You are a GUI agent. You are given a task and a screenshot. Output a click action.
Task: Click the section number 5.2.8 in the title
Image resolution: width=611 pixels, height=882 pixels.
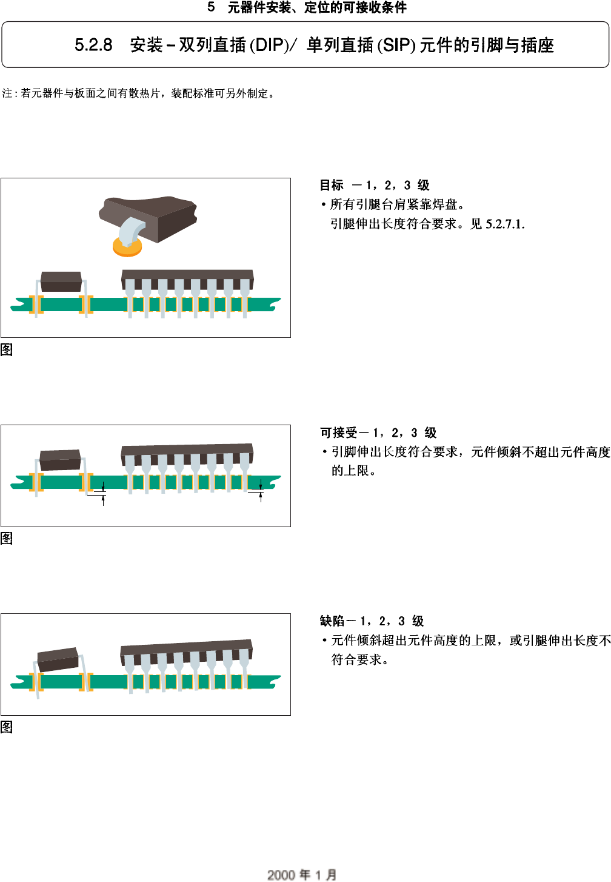click(x=93, y=45)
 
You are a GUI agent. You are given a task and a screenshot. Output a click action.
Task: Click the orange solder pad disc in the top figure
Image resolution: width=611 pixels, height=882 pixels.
click(x=127, y=247)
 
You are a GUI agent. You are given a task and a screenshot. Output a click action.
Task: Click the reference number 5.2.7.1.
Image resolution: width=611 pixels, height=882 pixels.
click(x=505, y=224)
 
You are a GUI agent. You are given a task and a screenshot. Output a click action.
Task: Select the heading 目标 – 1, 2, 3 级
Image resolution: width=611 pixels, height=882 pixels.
click(x=375, y=185)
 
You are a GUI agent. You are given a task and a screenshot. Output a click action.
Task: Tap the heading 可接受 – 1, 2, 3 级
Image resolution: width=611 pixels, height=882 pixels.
click(x=378, y=433)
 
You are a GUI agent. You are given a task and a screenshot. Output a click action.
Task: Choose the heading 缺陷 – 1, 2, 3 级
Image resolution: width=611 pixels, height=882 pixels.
click(x=372, y=621)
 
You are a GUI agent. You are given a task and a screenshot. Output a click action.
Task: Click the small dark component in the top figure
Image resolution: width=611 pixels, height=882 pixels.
click(x=61, y=281)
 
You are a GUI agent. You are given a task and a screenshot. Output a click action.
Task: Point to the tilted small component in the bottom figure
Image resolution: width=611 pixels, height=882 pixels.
click(x=58, y=659)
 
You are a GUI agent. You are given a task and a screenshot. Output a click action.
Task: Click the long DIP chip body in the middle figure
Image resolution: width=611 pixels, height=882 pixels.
click(x=187, y=450)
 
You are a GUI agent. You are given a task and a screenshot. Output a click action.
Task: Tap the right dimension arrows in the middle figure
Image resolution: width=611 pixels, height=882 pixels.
click(x=261, y=490)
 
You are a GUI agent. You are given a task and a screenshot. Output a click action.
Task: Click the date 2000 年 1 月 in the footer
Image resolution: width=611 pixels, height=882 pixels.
click(x=302, y=874)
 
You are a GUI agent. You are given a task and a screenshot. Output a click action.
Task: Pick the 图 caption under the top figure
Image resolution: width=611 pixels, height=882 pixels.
click(x=7, y=349)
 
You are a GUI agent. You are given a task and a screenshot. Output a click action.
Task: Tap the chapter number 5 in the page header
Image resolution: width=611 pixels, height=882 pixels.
click(x=211, y=7)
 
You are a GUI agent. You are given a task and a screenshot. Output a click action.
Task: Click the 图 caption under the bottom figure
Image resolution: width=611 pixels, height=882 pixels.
click(x=7, y=727)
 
